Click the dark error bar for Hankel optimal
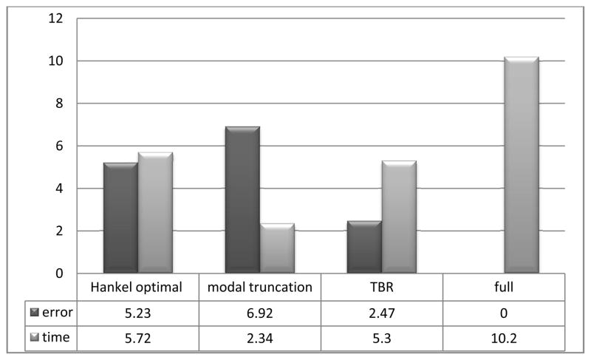(x=120, y=218)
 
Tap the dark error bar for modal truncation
(x=242, y=200)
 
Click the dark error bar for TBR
(x=364, y=247)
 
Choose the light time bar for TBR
(x=399, y=217)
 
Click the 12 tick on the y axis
(x=58, y=18)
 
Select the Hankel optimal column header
(x=137, y=288)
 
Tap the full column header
(x=503, y=288)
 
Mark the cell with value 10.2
(x=503, y=336)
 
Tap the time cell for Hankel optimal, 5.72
(x=137, y=336)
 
